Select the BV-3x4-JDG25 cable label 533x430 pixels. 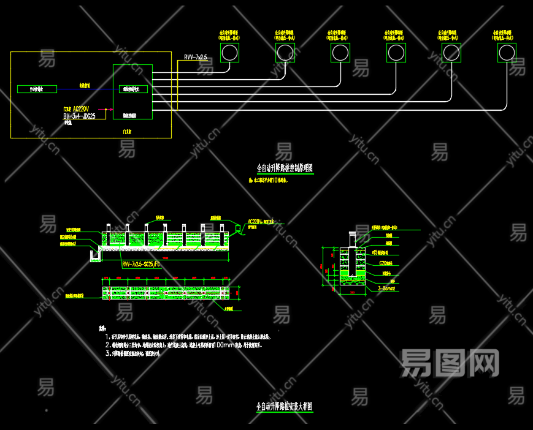point(79,116)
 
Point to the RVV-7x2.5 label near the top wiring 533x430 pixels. point(195,57)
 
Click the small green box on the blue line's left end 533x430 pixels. point(37,89)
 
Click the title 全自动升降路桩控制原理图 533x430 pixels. point(285,168)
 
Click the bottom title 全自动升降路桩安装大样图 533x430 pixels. point(284,406)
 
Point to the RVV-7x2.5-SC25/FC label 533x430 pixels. point(141,264)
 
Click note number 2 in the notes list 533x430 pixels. point(108,345)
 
